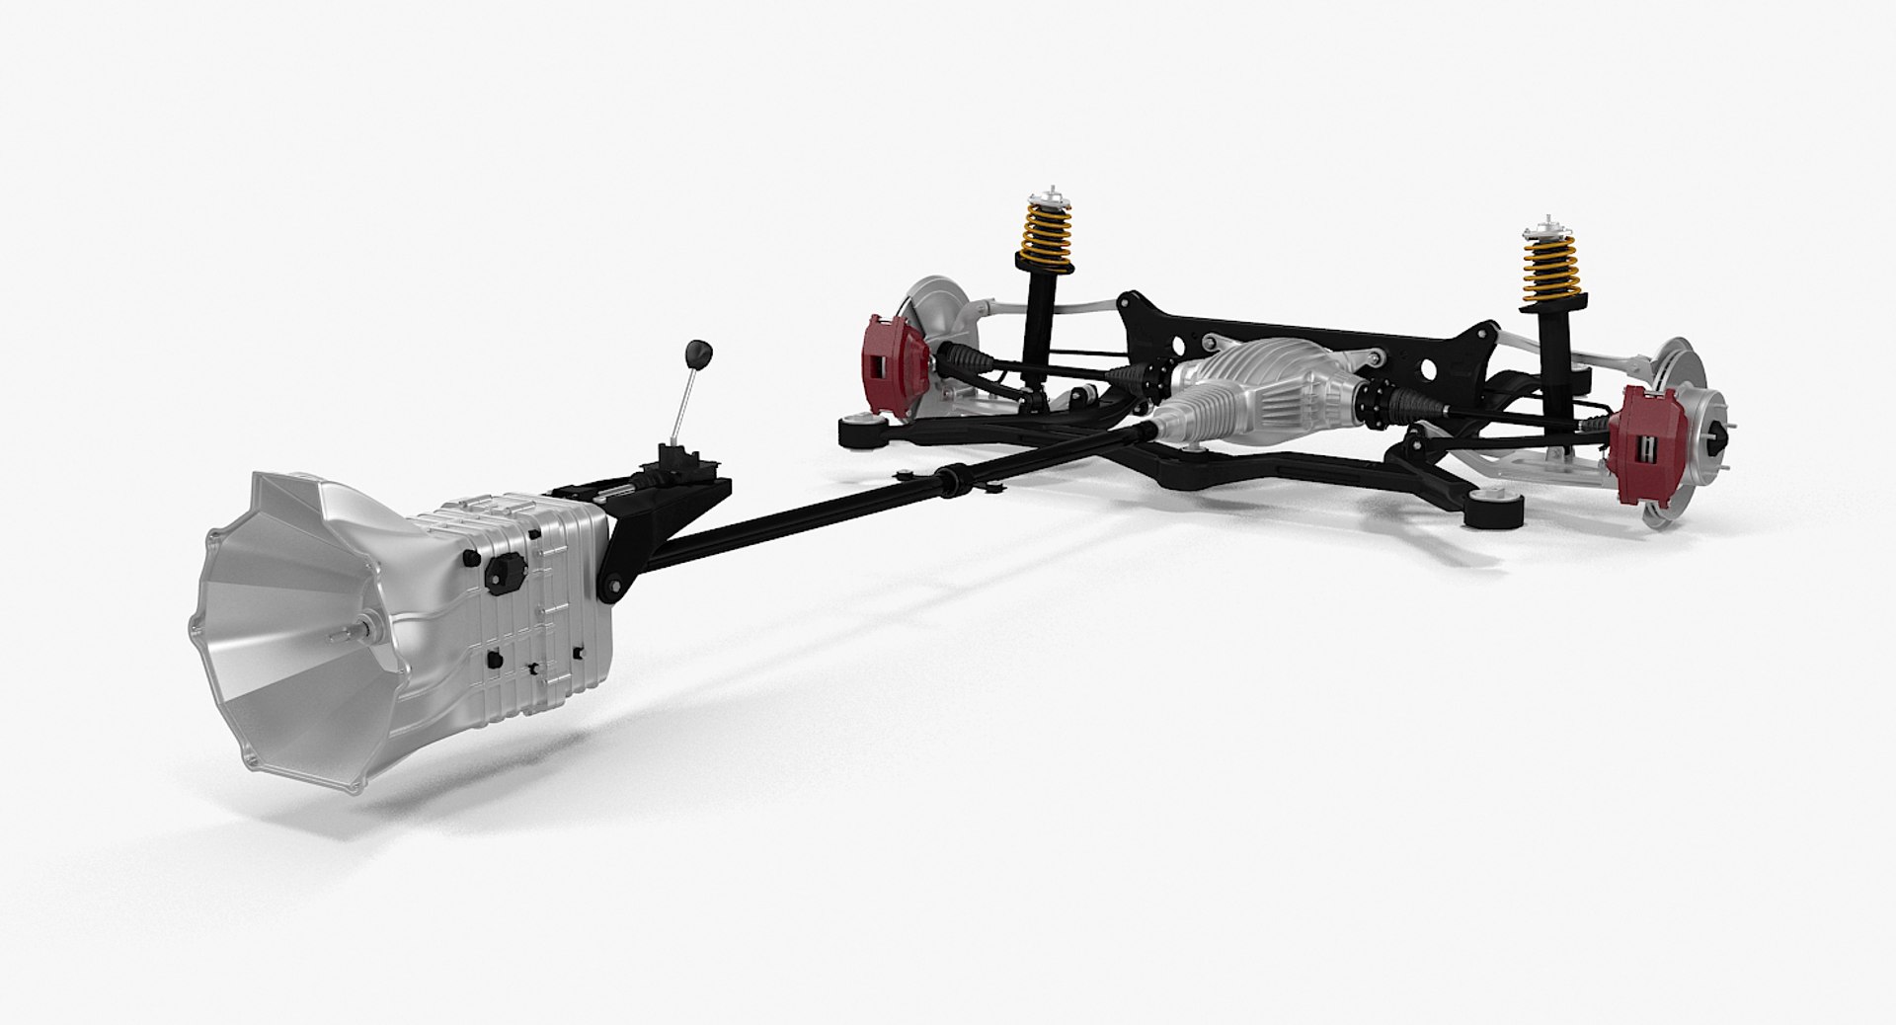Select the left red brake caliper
point(893,354)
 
